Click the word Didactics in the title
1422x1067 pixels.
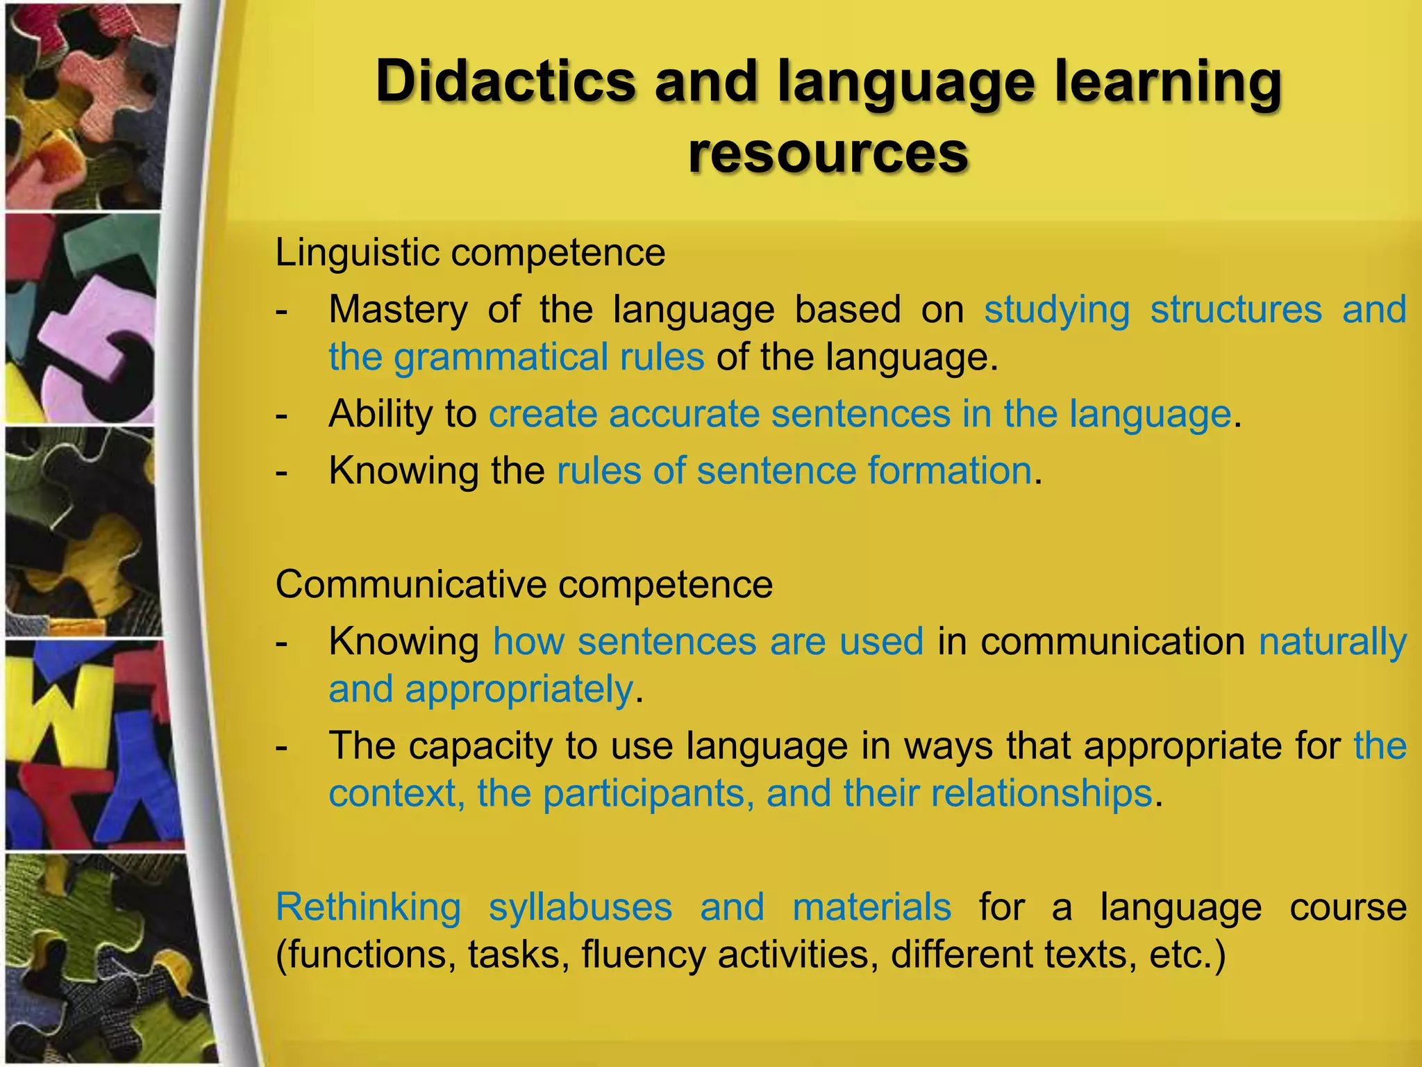pyautogui.click(x=505, y=82)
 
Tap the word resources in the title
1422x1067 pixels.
pyautogui.click(x=828, y=154)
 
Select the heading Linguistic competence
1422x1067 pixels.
pyautogui.click(x=470, y=252)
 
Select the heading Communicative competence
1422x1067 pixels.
pyautogui.click(x=524, y=584)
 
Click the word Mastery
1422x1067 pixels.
pyautogui.click(x=398, y=310)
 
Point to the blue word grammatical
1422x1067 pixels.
pyautogui.click(x=500, y=358)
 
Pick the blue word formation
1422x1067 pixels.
pyautogui.click(x=949, y=471)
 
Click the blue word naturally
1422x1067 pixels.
pyautogui.click(x=1332, y=642)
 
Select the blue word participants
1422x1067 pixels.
pyautogui.click(x=644, y=794)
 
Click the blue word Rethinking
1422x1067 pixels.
pyautogui.click(x=368, y=907)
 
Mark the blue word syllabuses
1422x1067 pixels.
pyautogui.click(x=580, y=907)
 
